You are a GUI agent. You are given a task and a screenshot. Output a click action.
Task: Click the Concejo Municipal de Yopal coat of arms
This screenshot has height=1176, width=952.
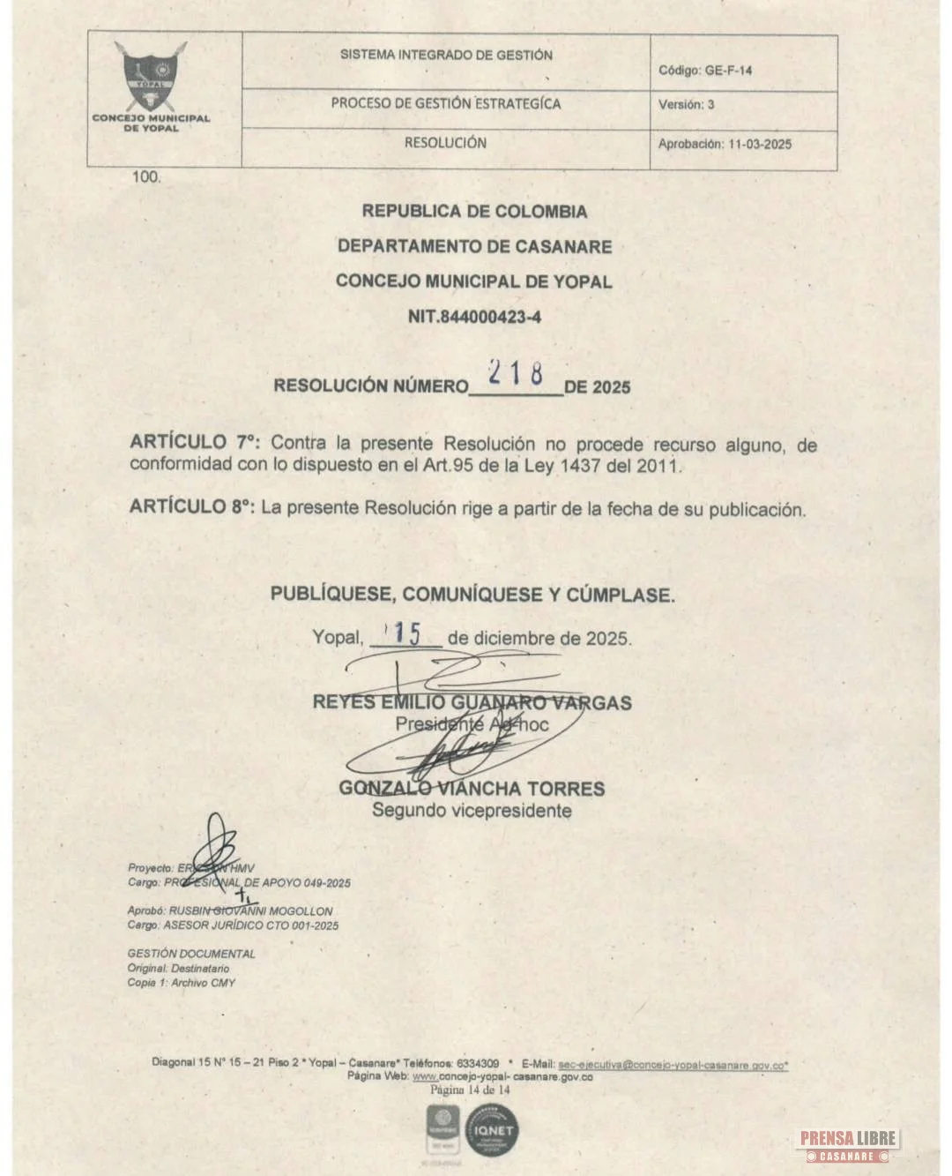[x=151, y=77]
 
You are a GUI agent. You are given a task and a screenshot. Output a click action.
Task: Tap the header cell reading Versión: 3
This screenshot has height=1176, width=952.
[x=686, y=104]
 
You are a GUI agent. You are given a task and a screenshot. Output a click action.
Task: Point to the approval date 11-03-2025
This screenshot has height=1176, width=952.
[x=760, y=144]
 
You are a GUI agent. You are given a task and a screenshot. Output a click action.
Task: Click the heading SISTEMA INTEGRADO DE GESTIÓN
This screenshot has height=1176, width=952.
[x=446, y=55]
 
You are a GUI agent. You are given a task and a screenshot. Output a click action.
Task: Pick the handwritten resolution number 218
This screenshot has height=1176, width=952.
[x=516, y=374]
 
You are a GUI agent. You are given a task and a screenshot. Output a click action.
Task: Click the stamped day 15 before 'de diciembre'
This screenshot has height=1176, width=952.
[x=406, y=633]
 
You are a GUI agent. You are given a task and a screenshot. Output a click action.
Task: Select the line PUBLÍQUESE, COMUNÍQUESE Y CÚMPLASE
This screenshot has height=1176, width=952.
[x=472, y=595]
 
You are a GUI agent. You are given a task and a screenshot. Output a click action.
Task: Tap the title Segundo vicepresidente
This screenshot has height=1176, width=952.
[x=472, y=811]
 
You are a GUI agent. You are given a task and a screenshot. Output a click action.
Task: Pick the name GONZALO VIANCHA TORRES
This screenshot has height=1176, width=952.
[x=472, y=788]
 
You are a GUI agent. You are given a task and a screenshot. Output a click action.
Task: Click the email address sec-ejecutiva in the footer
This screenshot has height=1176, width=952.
[x=673, y=1065]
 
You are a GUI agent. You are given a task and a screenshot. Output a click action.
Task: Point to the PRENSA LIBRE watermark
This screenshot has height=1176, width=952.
[x=848, y=1143]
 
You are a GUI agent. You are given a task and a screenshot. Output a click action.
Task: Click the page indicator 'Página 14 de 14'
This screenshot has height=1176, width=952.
[x=470, y=1090]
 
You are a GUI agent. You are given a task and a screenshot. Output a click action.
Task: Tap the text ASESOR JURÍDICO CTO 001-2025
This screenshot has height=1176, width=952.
[x=250, y=925]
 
